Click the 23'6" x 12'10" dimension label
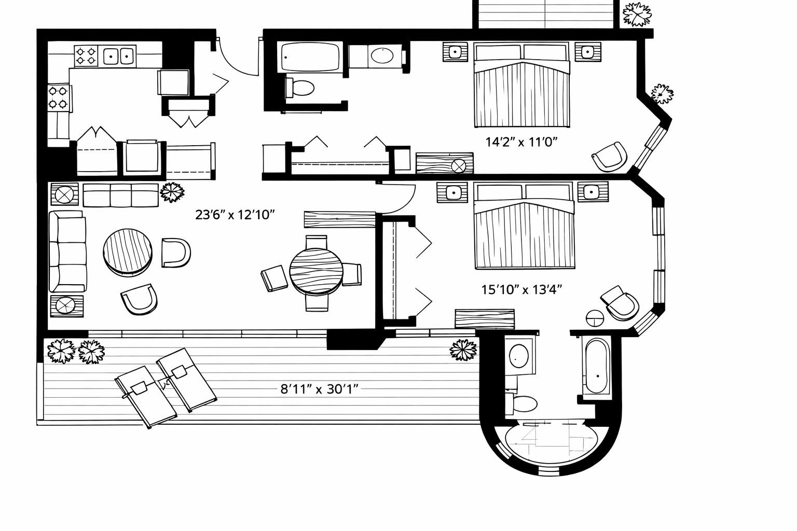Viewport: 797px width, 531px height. pos(235,215)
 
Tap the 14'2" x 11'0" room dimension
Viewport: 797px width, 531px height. pos(521,142)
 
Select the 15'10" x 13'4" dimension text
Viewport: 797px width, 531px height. pos(521,290)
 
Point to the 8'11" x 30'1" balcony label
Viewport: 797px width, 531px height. pos(319,389)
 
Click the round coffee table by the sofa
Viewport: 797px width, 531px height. pos(128,253)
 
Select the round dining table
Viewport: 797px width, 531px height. pos(317,271)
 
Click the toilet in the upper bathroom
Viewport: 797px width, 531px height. pos(300,88)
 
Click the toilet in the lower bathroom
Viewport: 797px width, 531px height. pos(521,403)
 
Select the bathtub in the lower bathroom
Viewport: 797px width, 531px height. pos(596,366)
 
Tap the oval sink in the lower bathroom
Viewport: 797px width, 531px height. pos(519,356)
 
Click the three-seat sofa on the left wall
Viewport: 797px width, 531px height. pos(67,251)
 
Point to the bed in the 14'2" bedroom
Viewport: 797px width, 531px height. pos(521,85)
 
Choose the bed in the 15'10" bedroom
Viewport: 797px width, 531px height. pos(524,226)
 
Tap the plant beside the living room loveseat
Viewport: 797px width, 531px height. pos(172,192)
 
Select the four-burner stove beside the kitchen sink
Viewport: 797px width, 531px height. pos(87,56)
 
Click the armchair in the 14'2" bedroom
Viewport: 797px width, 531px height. pos(610,157)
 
